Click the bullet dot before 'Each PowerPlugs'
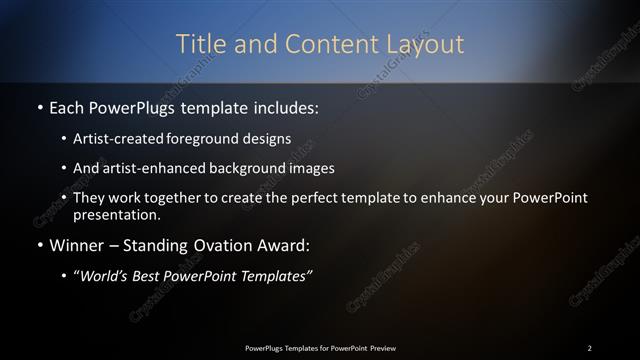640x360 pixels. point(39,106)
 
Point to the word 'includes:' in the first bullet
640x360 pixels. point(281,106)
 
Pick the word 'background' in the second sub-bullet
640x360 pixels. point(250,168)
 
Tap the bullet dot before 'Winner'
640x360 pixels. point(39,246)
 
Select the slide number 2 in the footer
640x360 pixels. point(590,347)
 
